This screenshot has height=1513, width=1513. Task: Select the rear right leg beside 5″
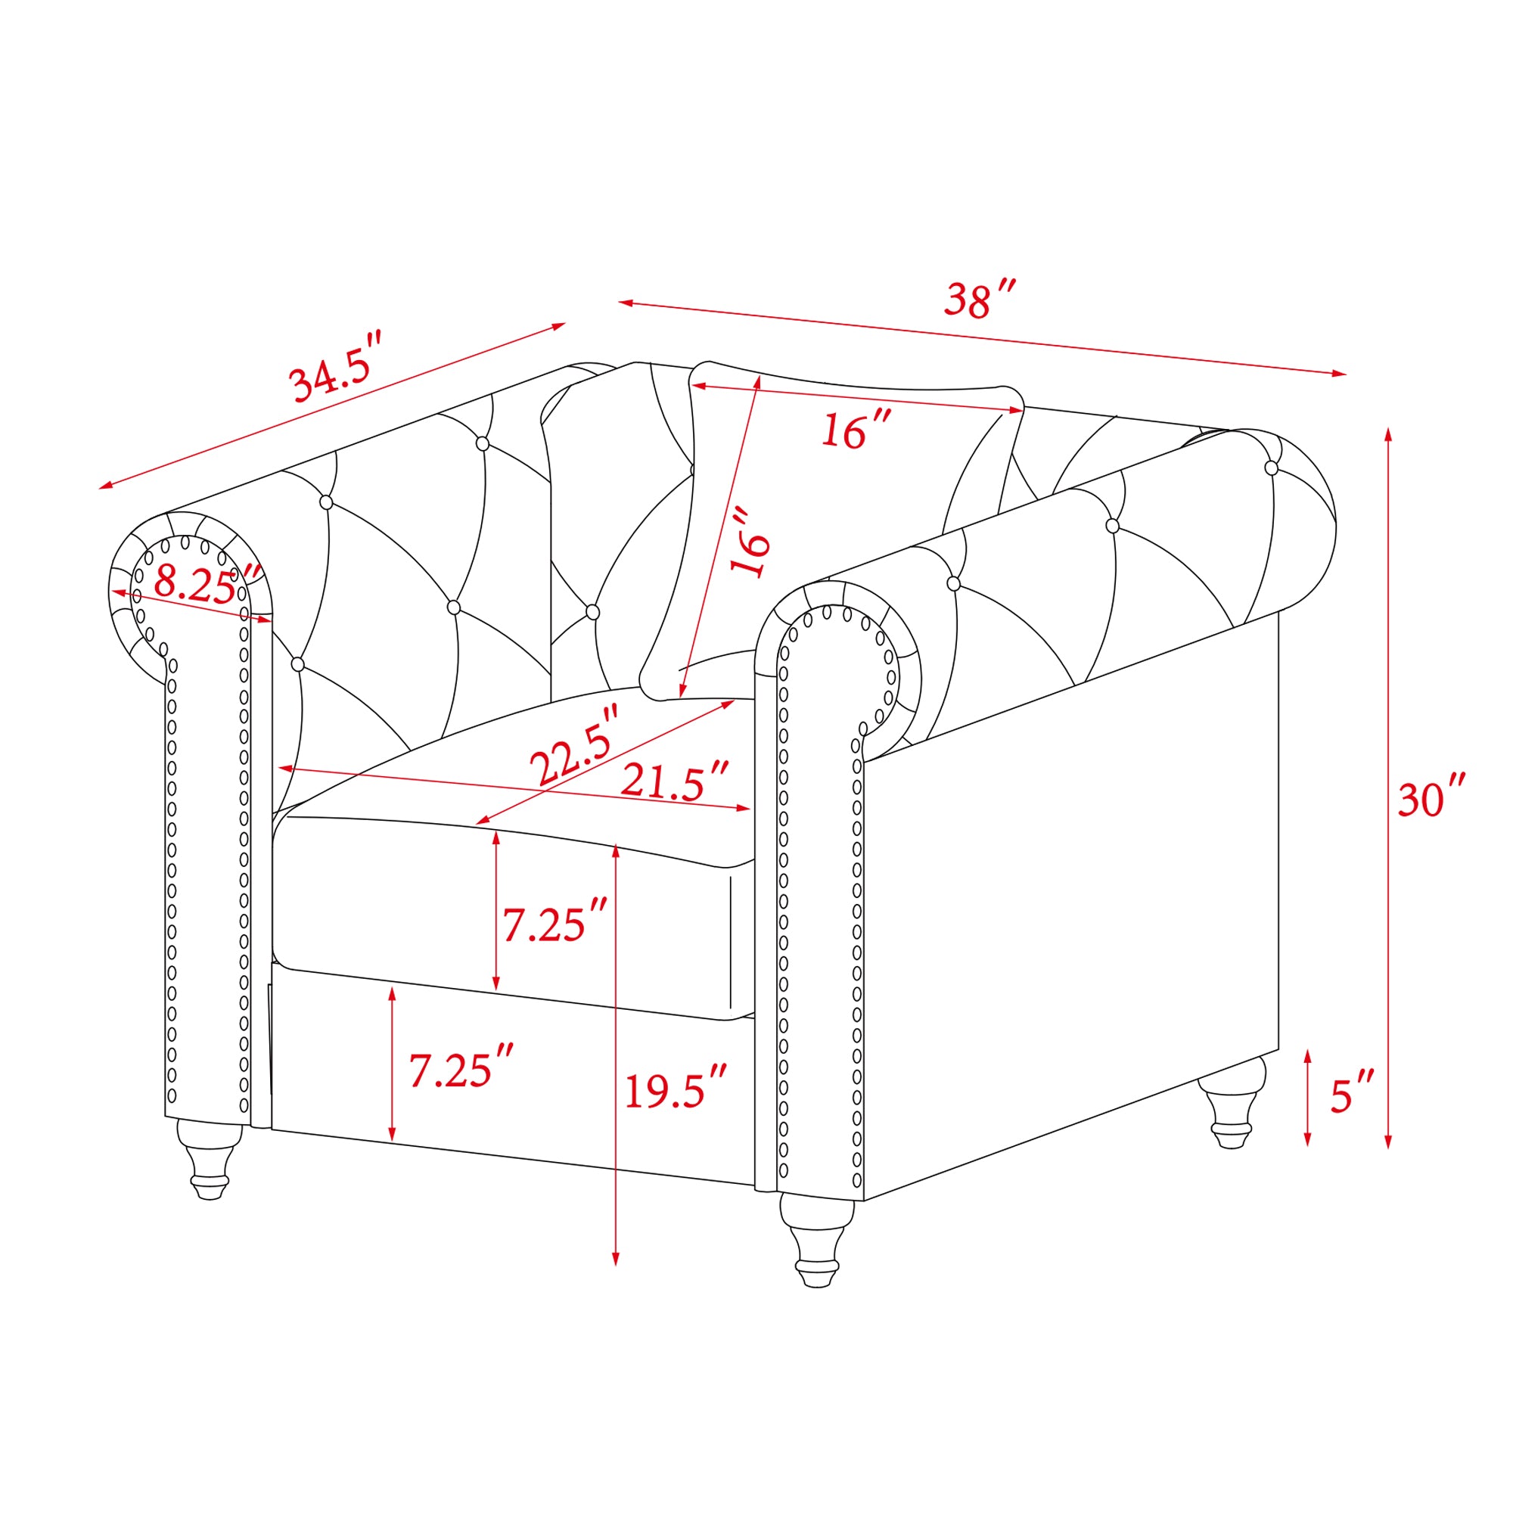(x=1231, y=1102)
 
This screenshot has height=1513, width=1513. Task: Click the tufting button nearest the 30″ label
(x=1271, y=468)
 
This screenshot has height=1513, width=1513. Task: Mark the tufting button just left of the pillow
(x=593, y=611)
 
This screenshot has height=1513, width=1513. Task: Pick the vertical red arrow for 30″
(x=1387, y=788)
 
